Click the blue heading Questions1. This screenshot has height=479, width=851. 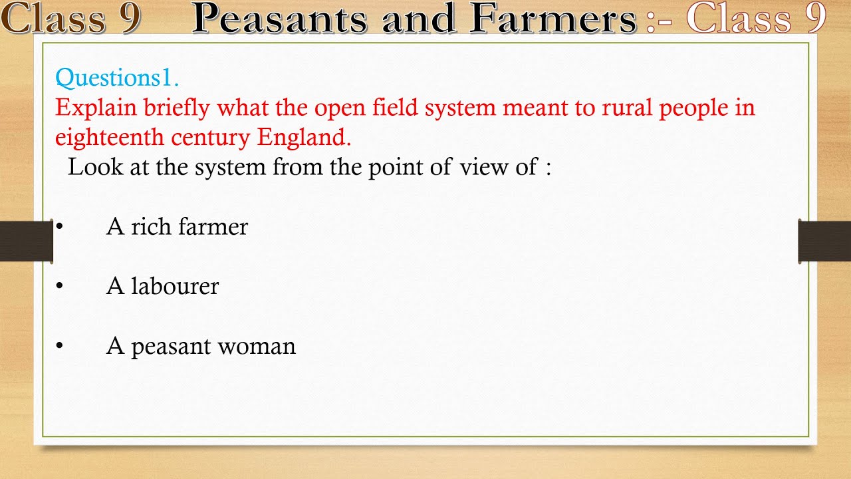[x=117, y=79]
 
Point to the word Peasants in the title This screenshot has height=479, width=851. [x=279, y=19]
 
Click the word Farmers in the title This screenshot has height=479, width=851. [x=552, y=19]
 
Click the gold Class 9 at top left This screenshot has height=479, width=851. [x=70, y=19]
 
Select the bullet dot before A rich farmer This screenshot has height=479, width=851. [x=59, y=227]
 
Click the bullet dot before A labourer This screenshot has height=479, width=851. [x=59, y=286]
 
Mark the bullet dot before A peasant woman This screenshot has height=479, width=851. [x=59, y=346]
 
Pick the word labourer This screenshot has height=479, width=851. [x=175, y=286]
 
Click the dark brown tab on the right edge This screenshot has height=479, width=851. [x=824, y=241]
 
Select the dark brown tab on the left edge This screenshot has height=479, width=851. [x=26, y=241]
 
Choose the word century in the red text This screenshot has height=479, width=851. [x=211, y=138]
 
